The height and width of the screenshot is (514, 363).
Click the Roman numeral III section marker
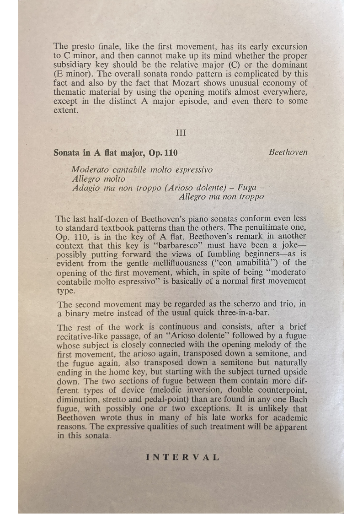coord(181,133)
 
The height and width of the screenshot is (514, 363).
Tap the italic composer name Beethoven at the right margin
coord(288,152)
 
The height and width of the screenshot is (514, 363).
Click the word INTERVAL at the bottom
coord(182,457)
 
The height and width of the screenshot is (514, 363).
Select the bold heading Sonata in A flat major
coord(115,152)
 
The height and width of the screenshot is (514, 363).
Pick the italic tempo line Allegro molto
coord(98,179)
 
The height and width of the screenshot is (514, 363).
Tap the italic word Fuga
coord(248,188)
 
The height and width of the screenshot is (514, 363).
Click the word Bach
coord(298,400)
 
